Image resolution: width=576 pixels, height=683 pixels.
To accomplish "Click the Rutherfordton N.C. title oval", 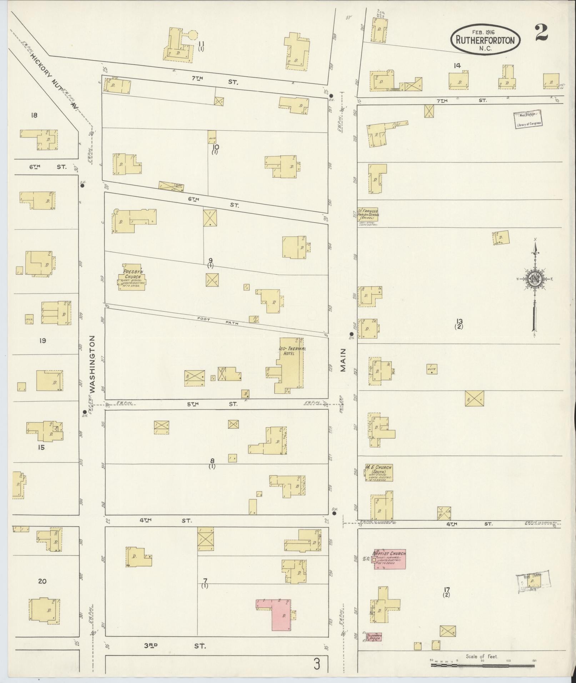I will coord(485,40).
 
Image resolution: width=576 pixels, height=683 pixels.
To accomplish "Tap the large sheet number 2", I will coord(542,33).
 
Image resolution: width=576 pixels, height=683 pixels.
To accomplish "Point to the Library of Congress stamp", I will coord(528,119).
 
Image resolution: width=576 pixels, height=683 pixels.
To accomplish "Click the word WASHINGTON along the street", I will coord(92,364).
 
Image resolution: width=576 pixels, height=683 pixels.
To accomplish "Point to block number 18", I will coord(34,115).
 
